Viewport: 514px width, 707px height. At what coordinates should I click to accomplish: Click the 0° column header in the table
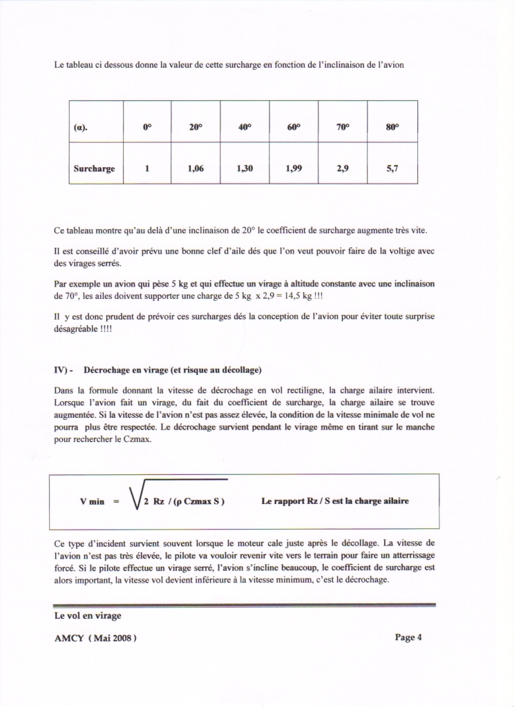click(x=147, y=127)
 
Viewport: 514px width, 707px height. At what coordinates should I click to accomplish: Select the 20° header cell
click(x=196, y=127)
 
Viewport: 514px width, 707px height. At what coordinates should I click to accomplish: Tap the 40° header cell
click(x=245, y=127)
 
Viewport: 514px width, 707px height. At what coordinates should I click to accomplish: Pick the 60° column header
click(x=294, y=127)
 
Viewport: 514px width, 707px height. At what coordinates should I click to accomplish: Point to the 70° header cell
click(x=343, y=127)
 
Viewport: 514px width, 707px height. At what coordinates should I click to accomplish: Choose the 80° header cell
click(x=392, y=127)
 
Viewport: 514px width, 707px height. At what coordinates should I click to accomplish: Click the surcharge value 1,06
click(x=196, y=168)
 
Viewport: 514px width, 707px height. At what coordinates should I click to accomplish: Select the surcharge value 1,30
click(x=245, y=168)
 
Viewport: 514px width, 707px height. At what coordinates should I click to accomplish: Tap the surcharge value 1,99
click(x=294, y=168)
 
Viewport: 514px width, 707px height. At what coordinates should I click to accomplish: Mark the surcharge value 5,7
click(x=392, y=168)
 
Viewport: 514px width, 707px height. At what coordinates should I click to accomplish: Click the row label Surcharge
click(x=95, y=168)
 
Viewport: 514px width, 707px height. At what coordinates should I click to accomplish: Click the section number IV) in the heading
click(x=63, y=370)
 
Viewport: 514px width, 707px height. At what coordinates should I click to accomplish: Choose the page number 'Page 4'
click(x=408, y=637)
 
